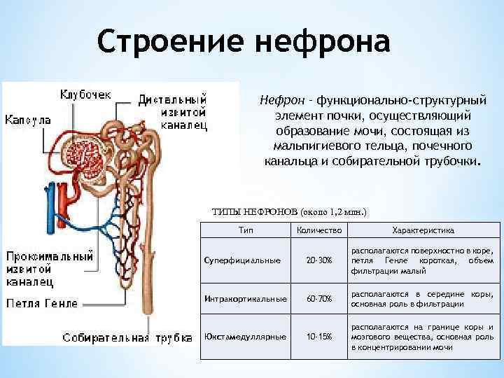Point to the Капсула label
tap(28, 120)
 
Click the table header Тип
tap(246, 230)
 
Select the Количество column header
tap(318, 230)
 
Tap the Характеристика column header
tap(423, 230)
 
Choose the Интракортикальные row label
tap(245, 299)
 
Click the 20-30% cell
tap(319, 260)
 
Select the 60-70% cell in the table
tap(319, 299)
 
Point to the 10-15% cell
tap(319, 337)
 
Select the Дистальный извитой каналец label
tap(173, 111)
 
